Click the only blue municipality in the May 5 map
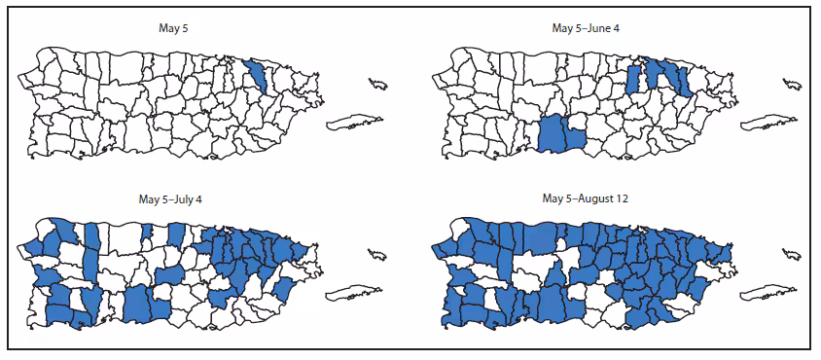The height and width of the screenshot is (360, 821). click(x=258, y=76)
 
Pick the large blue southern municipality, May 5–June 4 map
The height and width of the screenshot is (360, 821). click(x=557, y=134)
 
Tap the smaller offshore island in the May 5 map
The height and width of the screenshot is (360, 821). click(x=378, y=84)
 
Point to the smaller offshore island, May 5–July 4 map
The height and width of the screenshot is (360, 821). click(x=378, y=255)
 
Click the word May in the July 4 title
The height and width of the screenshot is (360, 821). click(x=149, y=200)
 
